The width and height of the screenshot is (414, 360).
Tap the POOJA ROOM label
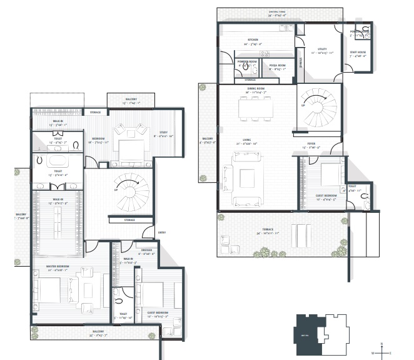(x=278, y=64)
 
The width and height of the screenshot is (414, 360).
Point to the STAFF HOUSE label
(x=358, y=54)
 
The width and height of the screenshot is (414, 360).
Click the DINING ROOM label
(x=256, y=90)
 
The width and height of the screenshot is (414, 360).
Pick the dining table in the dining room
(x=255, y=110)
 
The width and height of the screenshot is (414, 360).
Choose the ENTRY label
(x=162, y=232)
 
